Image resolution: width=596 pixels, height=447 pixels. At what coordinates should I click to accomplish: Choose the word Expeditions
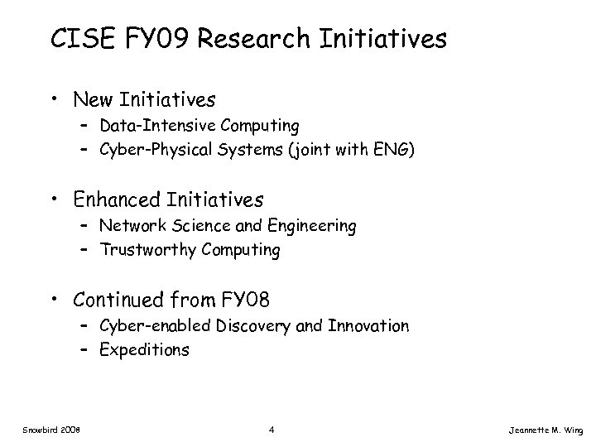point(144,349)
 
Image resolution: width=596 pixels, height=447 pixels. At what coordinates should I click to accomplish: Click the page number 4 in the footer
point(272,430)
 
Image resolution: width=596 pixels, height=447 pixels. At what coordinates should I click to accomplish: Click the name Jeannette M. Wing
point(547,430)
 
